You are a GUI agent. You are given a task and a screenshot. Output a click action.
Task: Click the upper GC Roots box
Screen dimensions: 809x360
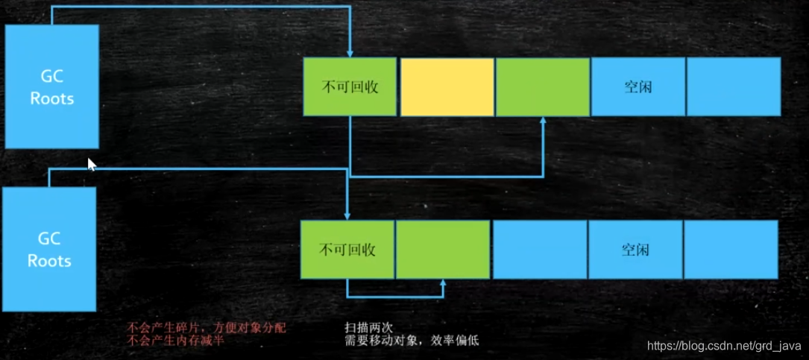tap(52, 86)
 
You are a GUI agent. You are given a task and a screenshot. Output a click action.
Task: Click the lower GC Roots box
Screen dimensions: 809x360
tap(49, 248)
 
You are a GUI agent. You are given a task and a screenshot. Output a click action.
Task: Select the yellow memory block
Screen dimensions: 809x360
tap(447, 87)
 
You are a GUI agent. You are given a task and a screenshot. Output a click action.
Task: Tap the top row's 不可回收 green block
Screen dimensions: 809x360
tap(350, 87)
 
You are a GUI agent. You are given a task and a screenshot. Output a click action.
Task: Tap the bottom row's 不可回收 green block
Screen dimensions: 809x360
tap(347, 249)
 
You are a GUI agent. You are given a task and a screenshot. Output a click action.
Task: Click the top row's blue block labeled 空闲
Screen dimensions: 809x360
tap(638, 87)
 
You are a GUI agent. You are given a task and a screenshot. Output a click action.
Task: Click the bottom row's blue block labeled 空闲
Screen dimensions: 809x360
tap(635, 249)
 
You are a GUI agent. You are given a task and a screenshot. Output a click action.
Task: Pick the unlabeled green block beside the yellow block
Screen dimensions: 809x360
tap(542, 87)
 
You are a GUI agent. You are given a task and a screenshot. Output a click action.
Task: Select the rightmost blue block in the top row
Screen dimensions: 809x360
tap(733, 87)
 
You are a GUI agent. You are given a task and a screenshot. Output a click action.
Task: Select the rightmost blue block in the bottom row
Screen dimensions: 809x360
tap(730, 249)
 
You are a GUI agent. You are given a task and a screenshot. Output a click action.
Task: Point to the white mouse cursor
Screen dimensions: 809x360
tap(91, 164)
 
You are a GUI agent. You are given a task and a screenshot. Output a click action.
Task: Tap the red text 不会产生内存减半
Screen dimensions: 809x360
tap(176, 341)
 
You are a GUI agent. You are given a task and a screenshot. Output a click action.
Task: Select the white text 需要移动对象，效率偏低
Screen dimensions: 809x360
tap(411, 341)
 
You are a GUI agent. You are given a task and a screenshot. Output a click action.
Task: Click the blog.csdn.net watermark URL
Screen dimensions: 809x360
tap(724, 346)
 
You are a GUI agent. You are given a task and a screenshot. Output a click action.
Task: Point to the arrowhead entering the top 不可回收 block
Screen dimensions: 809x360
tap(350, 53)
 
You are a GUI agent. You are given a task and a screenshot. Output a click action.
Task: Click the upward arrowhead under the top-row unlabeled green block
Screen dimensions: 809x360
tap(543, 121)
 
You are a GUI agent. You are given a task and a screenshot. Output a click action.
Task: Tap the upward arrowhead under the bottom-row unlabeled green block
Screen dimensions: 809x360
tap(443, 284)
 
